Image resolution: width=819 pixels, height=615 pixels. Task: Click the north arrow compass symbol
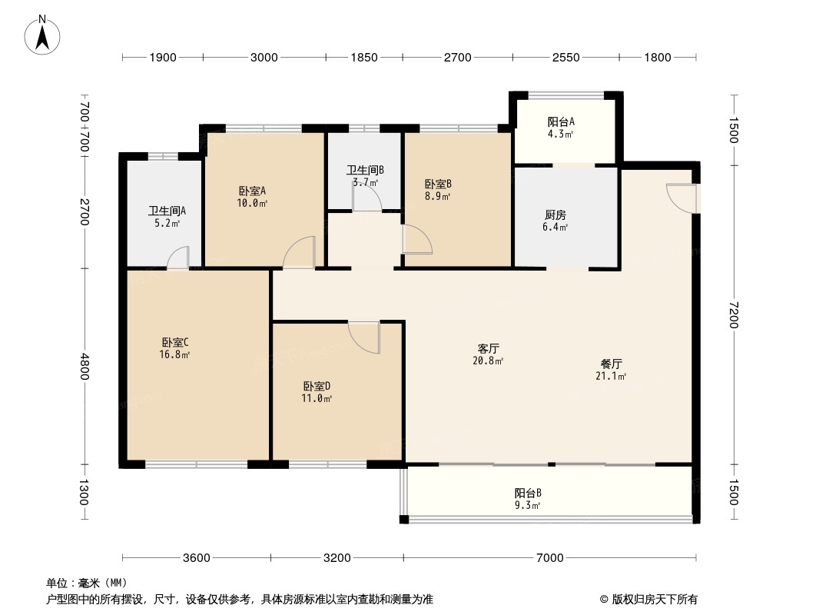42,35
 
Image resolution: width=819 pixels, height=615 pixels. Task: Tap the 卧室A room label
252,191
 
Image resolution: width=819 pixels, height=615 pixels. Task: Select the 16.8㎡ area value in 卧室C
174,355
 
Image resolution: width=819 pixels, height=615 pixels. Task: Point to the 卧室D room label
317,386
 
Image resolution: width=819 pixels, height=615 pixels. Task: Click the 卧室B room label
438,184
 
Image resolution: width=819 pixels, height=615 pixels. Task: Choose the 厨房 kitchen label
555,214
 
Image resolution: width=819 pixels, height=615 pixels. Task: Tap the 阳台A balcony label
561,121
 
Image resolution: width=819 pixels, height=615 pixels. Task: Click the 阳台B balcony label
528,493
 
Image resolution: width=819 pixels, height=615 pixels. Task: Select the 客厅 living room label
489,348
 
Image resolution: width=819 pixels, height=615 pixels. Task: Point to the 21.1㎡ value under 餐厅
611,376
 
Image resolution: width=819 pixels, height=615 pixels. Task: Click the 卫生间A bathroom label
167,211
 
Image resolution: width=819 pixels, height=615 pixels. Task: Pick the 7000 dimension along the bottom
550,558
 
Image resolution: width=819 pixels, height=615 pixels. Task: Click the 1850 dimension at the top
364,58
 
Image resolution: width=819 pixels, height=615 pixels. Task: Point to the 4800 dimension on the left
85,367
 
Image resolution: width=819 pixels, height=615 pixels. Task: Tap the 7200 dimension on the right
734,314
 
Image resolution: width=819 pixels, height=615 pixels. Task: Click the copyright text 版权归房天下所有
655,600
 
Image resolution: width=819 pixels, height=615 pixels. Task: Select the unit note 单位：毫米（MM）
87,583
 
